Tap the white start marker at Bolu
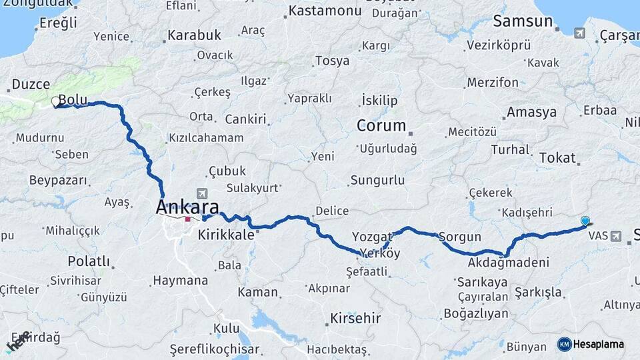click(55, 102)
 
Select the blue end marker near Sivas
click(585, 221)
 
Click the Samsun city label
click(523, 21)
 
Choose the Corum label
click(381, 125)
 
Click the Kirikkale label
click(227, 235)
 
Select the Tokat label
click(557, 157)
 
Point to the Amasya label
click(531, 112)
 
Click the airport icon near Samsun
click(579, 32)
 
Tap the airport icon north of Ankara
click(202, 193)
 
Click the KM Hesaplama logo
click(591, 345)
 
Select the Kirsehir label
click(355, 318)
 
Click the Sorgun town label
click(460, 237)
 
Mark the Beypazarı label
click(59, 181)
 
